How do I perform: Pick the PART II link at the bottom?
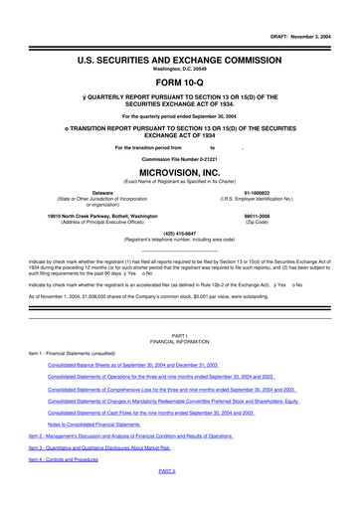click(167, 502)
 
